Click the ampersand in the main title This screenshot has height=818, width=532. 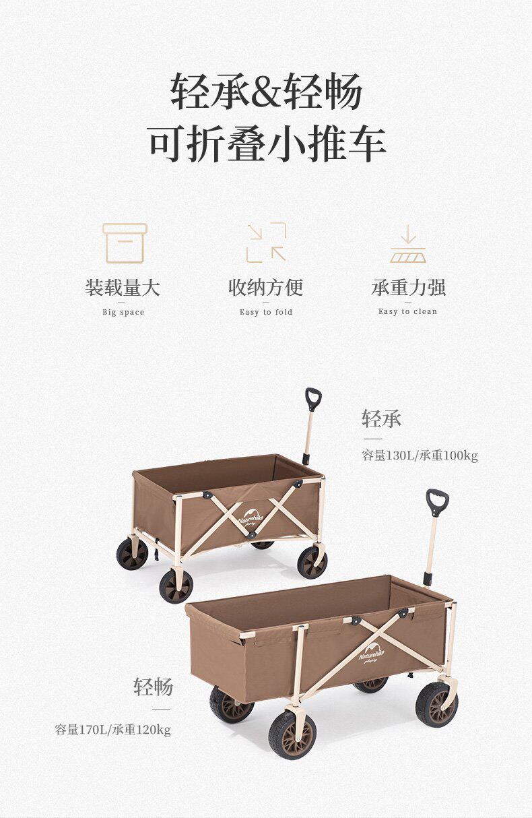coord(267,90)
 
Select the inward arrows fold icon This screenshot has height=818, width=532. coord(266,243)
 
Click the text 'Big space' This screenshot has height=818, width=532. coord(123,312)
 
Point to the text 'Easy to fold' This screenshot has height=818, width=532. coord(266,312)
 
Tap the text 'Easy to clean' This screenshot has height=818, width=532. coord(407,311)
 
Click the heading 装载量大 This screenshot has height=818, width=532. coord(123,288)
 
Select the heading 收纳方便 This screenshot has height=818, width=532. coord(266,288)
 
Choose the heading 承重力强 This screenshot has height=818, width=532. coord(408,288)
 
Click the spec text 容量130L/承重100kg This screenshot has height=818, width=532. coord(420,455)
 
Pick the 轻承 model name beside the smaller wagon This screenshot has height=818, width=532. coord(381,418)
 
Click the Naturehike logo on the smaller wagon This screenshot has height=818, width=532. coord(251,517)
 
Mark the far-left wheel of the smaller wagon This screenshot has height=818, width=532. coord(132,554)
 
